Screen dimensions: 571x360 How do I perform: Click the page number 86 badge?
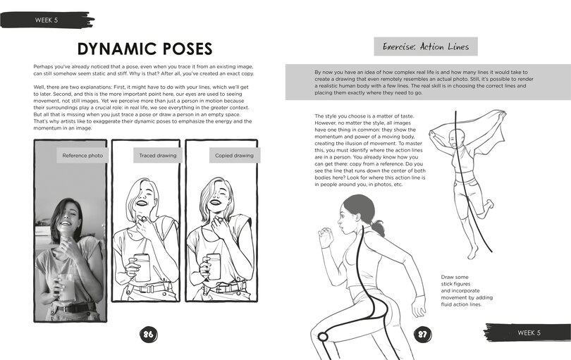pyautogui.click(x=148, y=334)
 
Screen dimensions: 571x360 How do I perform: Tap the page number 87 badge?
pyautogui.click(x=422, y=334)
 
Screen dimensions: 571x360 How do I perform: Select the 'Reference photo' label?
pyautogui.click(x=82, y=156)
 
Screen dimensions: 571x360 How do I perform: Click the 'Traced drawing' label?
pyautogui.click(x=158, y=156)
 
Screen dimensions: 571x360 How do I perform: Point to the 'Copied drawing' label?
pyautogui.click(x=234, y=156)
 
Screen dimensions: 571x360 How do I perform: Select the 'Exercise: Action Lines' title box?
pyautogui.click(x=426, y=46)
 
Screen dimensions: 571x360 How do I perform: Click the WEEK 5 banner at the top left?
pyautogui.click(x=47, y=20)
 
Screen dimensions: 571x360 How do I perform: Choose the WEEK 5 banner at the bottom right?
pyautogui.click(x=528, y=333)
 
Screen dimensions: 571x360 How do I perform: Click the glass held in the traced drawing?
pyautogui.click(x=142, y=268)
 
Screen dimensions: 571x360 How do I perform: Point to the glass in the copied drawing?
pyautogui.click(x=214, y=267)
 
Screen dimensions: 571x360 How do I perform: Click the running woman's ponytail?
pyautogui.click(x=378, y=227)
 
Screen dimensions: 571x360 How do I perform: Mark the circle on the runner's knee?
pyautogui.click(x=323, y=337)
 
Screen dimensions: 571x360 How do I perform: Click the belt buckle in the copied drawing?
pyautogui.click(x=220, y=290)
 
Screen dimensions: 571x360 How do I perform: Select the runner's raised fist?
pyautogui.click(x=326, y=237)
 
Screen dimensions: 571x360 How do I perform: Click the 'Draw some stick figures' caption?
pyautogui.click(x=467, y=290)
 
